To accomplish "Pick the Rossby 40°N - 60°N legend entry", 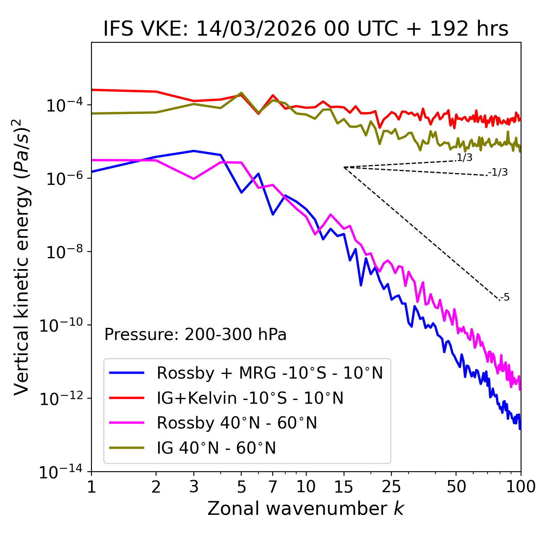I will point(237,423).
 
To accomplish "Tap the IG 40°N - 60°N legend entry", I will point(216,448).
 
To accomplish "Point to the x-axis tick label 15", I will point(344,487).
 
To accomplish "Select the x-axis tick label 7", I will point(273,487).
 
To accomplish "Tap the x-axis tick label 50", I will point(456,487).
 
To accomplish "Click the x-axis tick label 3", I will point(194,487).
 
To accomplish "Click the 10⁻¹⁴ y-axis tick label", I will point(61,472).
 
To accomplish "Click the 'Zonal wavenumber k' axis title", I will point(305,509).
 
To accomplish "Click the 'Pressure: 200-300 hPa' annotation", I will point(195,335).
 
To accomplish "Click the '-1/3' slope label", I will point(498,172).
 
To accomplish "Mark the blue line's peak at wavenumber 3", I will point(194,151).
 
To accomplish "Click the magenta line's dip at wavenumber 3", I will point(194,179).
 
